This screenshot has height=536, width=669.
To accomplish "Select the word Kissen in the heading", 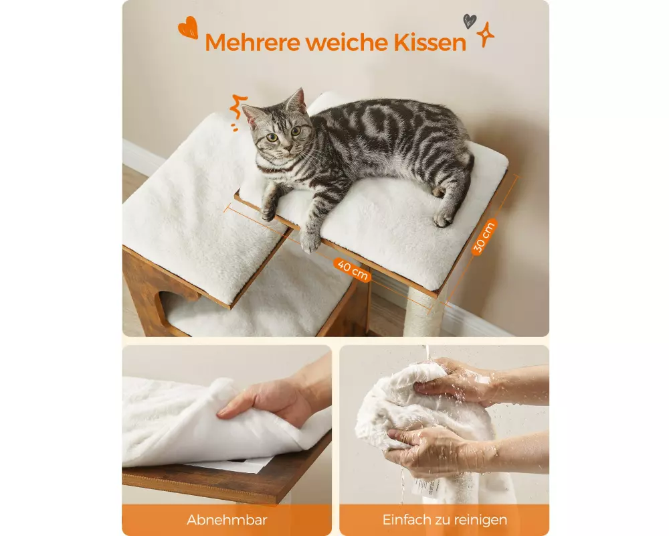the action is click(x=429, y=42).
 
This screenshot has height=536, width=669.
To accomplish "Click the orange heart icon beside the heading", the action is click(x=188, y=27).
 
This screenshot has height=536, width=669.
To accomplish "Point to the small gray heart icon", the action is click(x=470, y=21).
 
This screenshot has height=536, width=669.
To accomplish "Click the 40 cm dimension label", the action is click(x=353, y=270).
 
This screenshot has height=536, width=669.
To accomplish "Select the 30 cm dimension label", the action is click(x=484, y=237).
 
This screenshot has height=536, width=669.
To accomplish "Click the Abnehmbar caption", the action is click(x=227, y=520).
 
